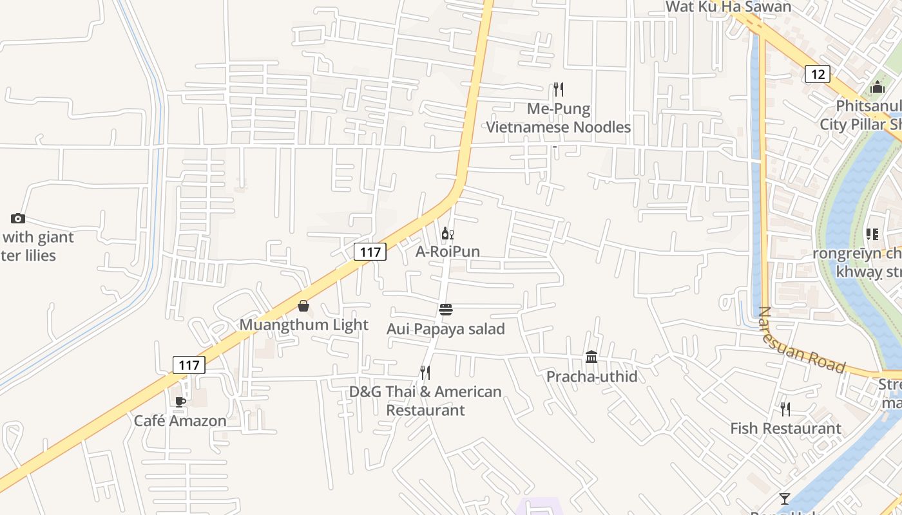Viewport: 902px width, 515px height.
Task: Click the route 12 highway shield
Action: tap(817, 74)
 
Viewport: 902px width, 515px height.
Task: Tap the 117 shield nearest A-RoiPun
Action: tap(370, 252)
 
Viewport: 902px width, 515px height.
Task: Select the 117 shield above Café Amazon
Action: tap(189, 365)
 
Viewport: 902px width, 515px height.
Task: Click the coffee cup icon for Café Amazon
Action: tap(180, 402)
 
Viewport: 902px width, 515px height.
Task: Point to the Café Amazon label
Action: tap(180, 421)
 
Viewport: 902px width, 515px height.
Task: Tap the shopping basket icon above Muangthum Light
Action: tap(303, 306)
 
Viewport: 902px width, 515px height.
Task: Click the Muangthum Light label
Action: tap(303, 325)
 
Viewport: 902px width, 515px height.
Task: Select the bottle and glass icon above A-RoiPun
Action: tap(447, 233)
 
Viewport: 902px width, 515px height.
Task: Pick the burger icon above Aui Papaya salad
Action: tap(446, 310)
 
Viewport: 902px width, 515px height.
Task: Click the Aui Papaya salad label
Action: tap(445, 329)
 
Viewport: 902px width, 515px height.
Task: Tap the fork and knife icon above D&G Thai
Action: tap(425, 373)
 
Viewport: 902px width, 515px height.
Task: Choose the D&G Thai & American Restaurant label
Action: tap(425, 400)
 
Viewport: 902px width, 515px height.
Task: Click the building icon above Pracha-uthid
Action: tap(591, 357)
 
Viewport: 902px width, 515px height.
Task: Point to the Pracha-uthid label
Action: tap(591, 377)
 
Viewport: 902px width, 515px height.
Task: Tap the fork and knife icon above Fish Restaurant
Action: tap(785, 409)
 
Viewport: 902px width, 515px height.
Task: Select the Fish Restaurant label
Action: tap(785, 428)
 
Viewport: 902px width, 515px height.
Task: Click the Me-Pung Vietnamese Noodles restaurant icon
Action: tap(559, 89)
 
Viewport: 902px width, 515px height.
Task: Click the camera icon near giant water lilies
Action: tap(18, 218)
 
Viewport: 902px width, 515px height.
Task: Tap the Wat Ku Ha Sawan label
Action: tap(728, 6)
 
